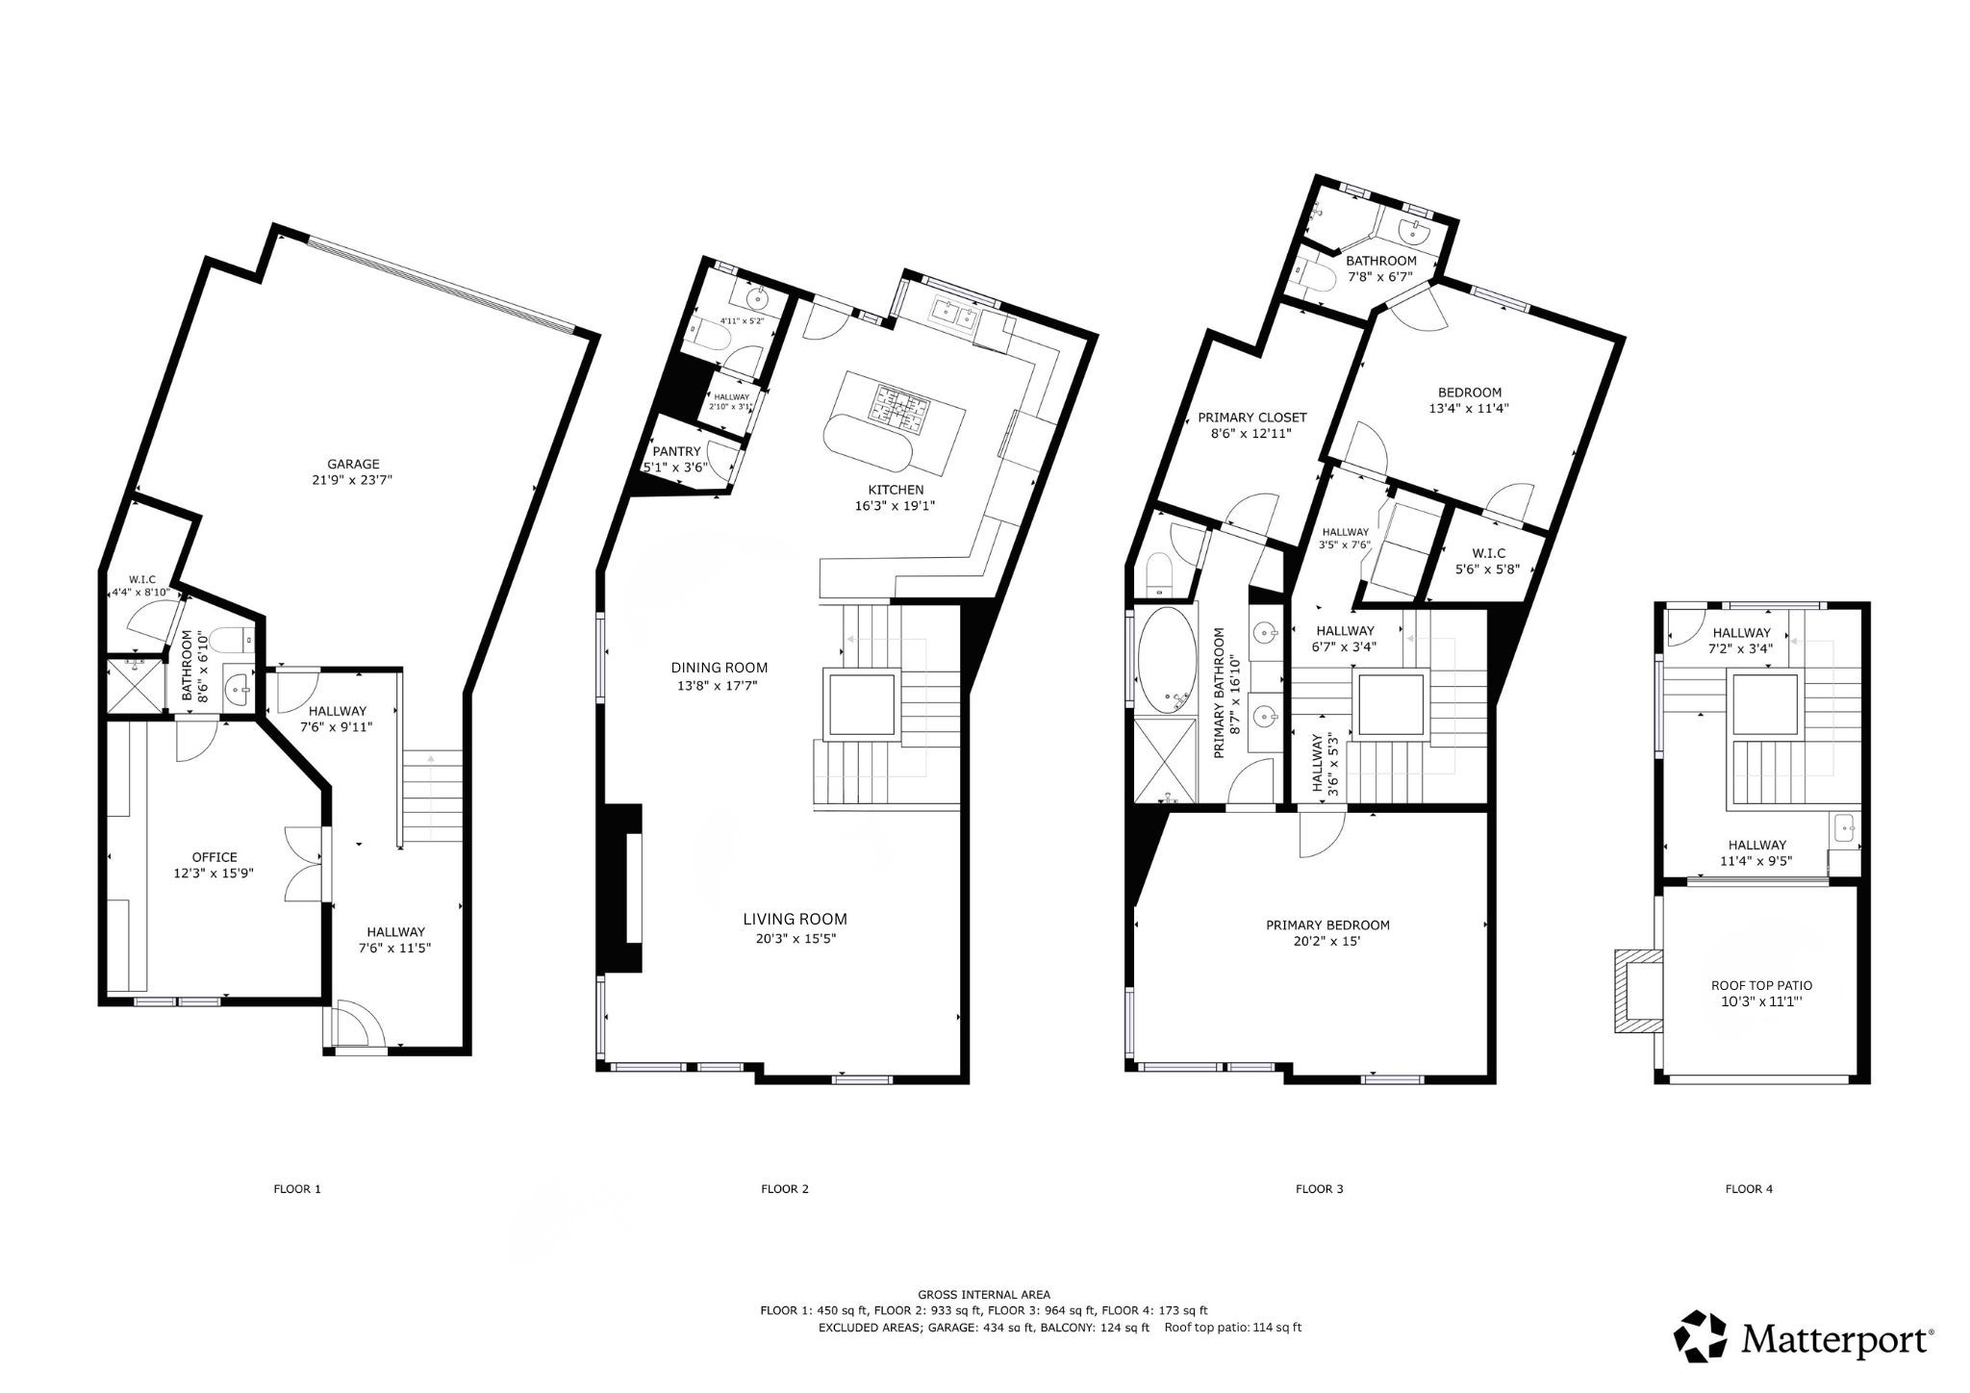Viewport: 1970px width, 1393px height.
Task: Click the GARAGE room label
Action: click(353, 464)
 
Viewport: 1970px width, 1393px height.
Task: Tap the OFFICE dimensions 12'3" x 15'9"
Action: click(215, 874)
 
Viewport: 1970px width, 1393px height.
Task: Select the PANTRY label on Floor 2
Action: click(675, 451)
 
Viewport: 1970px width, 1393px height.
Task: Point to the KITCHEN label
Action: click(895, 490)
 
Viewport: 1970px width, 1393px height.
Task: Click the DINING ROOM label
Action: click(720, 668)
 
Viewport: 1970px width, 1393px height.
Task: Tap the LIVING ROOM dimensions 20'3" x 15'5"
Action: click(796, 939)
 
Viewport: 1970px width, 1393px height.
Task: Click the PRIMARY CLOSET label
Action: click(1251, 418)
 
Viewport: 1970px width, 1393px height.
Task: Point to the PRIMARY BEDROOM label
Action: click(1327, 925)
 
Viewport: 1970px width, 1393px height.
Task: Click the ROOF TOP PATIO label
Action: click(1761, 985)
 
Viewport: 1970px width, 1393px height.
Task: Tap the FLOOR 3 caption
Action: click(1319, 1189)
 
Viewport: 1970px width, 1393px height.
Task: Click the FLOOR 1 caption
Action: click(297, 1189)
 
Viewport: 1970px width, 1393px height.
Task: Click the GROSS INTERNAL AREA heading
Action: click(984, 1295)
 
